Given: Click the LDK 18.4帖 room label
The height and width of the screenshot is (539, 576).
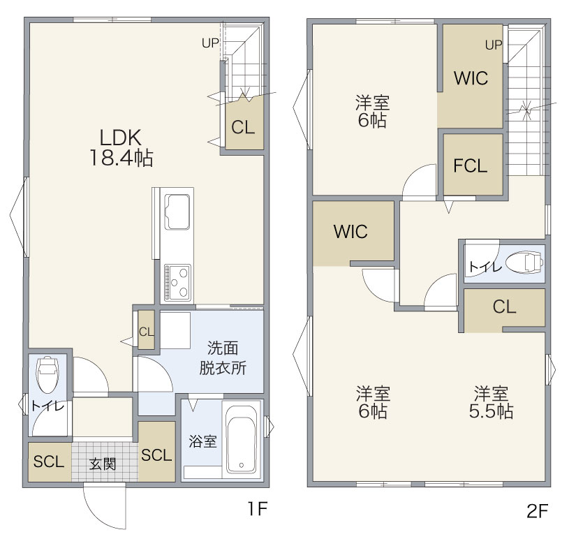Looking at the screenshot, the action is tap(121, 148).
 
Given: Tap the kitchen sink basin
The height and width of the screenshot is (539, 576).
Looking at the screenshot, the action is tap(177, 212).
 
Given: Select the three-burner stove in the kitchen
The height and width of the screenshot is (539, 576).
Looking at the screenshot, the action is tap(177, 282).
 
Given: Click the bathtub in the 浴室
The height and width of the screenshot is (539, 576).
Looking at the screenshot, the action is tap(241, 439).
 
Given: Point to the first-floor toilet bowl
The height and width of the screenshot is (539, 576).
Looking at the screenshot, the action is tap(47, 374).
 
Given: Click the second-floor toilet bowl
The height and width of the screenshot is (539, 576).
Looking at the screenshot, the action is tap(524, 263).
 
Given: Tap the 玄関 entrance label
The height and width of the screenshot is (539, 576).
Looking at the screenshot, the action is tap(103, 464).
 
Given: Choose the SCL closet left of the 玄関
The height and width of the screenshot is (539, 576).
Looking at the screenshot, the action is tap(50, 462).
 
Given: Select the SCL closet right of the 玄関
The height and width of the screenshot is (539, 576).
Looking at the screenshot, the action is tap(156, 451).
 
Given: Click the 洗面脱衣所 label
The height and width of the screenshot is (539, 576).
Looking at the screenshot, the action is tap(223, 358).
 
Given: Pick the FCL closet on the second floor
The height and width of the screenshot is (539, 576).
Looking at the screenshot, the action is tap(473, 165).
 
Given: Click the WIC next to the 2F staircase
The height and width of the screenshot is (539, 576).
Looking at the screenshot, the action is tap(471, 76).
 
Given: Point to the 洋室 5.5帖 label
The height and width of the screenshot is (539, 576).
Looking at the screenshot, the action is tap(491, 402).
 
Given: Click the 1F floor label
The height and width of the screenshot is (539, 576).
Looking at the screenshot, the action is tap(257, 509).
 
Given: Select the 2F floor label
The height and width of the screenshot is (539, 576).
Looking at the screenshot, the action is tap(537, 510).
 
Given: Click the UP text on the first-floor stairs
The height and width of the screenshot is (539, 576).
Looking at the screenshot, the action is tap(210, 43).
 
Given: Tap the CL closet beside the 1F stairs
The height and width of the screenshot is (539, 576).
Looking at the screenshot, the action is tap(244, 123).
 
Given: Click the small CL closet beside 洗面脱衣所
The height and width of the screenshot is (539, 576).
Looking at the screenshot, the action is tap(146, 330).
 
